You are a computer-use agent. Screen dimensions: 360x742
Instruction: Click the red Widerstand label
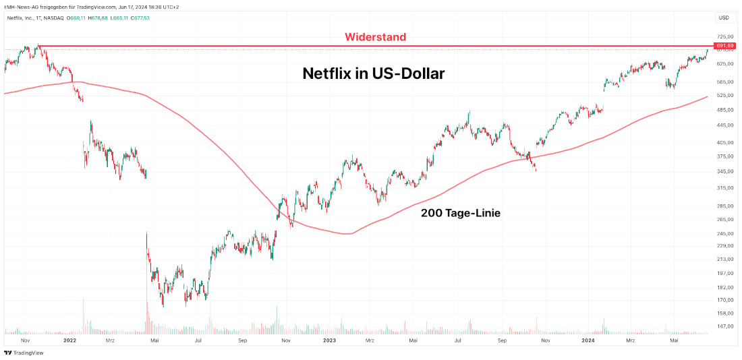click(x=376, y=37)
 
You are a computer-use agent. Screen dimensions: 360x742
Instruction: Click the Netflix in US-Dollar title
click(x=373, y=73)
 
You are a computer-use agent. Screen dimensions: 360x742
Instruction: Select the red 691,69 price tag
click(x=725, y=46)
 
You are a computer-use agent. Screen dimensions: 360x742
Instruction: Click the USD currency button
click(x=724, y=18)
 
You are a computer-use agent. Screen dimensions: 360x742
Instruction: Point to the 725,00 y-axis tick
click(x=725, y=36)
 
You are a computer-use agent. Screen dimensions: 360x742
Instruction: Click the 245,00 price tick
click(x=725, y=233)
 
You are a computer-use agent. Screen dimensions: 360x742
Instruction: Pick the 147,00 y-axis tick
click(x=725, y=326)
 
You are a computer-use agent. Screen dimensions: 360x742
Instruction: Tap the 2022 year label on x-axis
click(x=69, y=341)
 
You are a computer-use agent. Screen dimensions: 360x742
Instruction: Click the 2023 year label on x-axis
click(x=329, y=341)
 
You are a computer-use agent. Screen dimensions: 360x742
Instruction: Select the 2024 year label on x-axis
click(x=589, y=341)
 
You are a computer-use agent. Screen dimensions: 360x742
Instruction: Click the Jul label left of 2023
click(x=198, y=341)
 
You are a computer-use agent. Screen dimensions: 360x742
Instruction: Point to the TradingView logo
click(x=20, y=353)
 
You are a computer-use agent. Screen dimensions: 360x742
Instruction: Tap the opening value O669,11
click(x=78, y=18)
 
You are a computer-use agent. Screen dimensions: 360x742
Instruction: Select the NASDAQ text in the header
click(x=53, y=18)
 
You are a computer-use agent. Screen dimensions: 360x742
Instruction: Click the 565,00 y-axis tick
click(x=725, y=82)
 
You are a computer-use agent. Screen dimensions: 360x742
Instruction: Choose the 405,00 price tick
click(x=725, y=142)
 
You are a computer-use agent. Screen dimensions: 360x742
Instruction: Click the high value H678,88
click(x=98, y=18)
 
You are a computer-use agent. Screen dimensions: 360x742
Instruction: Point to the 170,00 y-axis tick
click(x=725, y=300)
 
